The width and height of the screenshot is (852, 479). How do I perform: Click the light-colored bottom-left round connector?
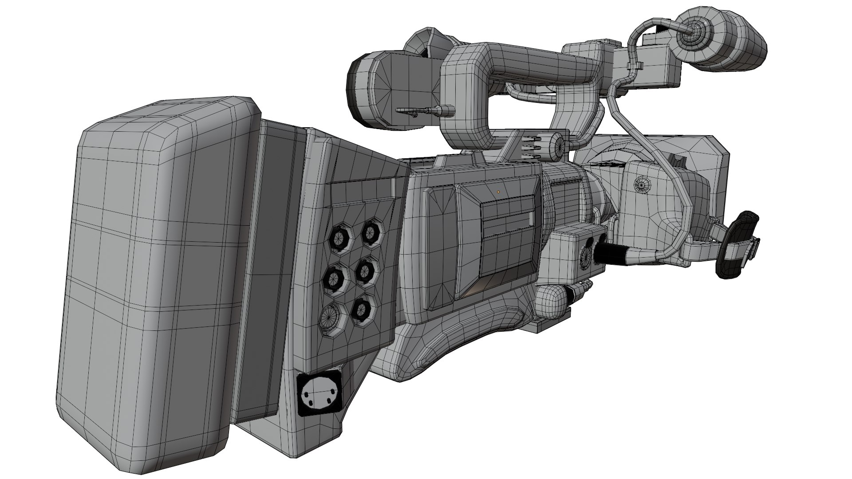[329, 316]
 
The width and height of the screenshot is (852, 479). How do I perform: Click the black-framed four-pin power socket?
[319, 394]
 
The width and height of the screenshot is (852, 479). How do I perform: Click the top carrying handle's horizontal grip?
[532, 62]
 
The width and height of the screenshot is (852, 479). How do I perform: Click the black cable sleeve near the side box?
[612, 253]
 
